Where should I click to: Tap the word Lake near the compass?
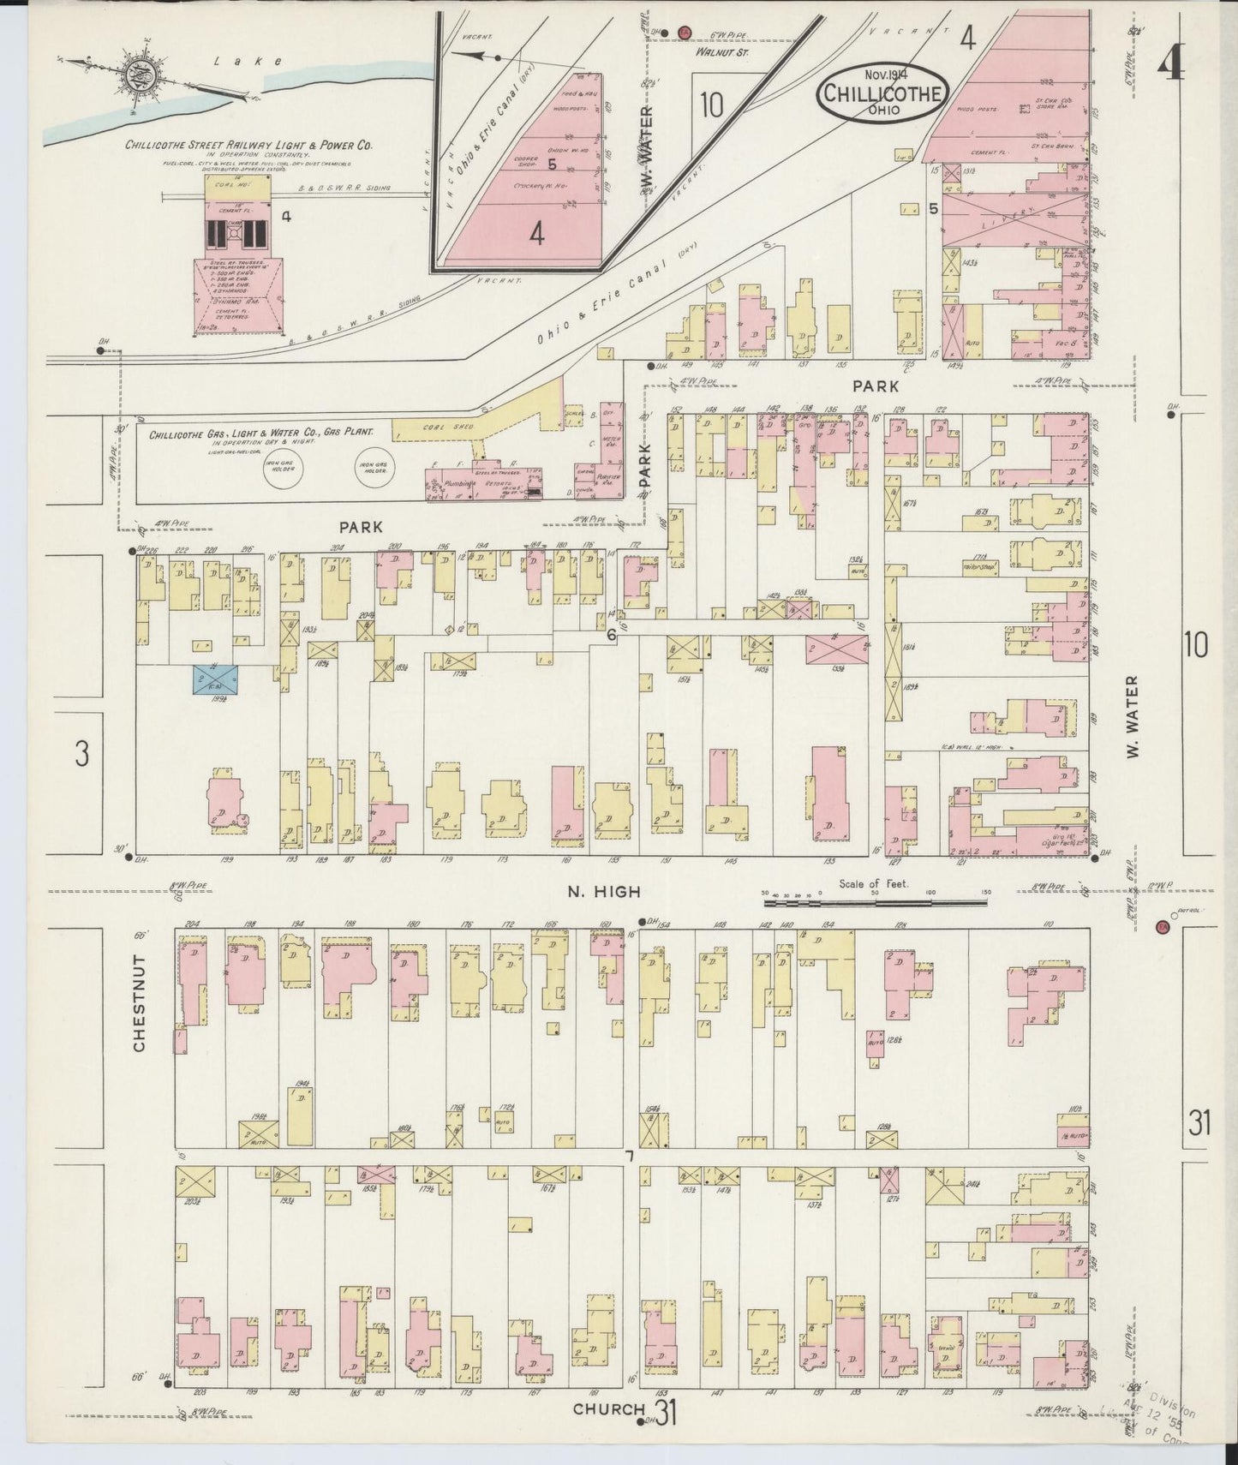pos(224,60)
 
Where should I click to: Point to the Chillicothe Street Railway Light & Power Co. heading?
pos(249,146)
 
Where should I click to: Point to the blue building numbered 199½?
pos(216,679)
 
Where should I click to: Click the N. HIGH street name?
pos(603,892)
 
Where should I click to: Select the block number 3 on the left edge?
pos(81,753)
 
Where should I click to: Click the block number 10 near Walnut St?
pos(711,105)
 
